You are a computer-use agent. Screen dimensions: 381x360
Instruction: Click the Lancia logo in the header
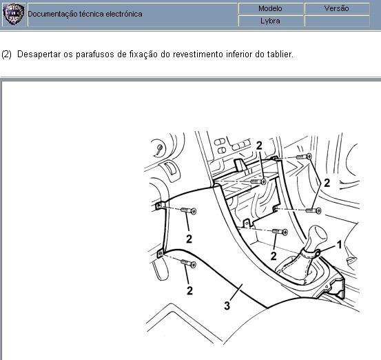coord(13,14)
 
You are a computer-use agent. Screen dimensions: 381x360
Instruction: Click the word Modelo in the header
coord(270,8)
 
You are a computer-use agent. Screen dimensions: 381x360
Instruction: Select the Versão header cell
coord(337,8)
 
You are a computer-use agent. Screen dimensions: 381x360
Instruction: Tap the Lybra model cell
coord(271,21)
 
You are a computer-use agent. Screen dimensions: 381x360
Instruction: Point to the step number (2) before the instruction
coord(7,54)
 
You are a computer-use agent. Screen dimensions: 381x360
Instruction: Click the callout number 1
coord(340,244)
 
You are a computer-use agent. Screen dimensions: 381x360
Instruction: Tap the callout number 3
coord(227,306)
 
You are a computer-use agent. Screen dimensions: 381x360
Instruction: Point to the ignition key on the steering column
coord(159,150)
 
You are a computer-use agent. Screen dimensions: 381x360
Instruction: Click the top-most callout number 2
coord(259,146)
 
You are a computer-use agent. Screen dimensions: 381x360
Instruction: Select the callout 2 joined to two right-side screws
coord(327,183)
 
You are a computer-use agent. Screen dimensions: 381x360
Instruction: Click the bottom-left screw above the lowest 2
coord(188,263)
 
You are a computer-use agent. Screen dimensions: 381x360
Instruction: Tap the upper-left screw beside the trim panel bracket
coord(189,210)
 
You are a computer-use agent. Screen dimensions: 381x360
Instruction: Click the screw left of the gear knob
coord(280,231)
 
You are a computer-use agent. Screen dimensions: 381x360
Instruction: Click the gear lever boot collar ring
coord(311,254)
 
